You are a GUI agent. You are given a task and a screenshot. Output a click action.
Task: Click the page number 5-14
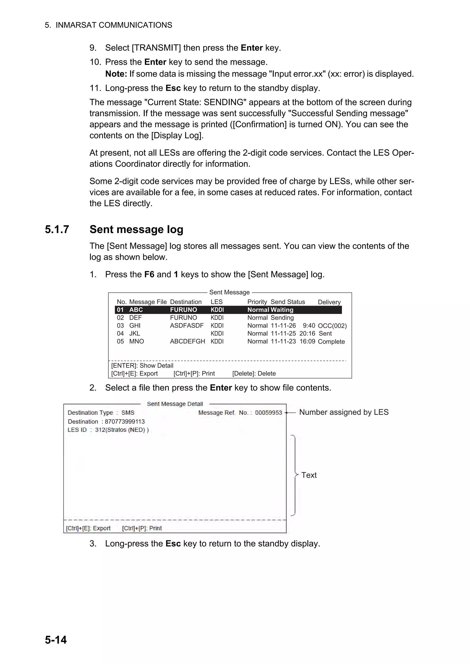[x=56, y=640]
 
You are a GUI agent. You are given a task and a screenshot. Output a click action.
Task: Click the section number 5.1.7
[x=57, y=229]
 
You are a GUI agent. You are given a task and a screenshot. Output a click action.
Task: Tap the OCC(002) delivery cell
[x=332, y=326]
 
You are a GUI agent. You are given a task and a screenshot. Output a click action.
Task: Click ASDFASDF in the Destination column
[x=187, y=326]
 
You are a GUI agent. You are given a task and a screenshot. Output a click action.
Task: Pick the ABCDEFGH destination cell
[x=187, y=341]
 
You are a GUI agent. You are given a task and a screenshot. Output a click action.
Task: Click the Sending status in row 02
[x=282, y=318]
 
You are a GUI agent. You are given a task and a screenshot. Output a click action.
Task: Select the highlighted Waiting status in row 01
[x=282, y=310]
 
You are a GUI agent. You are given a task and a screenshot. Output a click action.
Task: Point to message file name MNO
[x=136, y=341]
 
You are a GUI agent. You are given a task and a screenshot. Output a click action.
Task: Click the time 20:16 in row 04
[x=307, y=334]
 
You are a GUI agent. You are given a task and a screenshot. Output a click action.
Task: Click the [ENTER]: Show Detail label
[x=142, y=366]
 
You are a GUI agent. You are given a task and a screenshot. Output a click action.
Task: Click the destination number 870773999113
[x=125, y=422]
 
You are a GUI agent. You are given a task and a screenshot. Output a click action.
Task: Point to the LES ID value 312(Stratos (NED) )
[x=122, y=430]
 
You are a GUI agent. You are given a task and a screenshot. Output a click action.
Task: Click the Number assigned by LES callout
[x=344, y=412]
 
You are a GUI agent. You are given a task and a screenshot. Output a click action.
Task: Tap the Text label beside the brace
[x=309, y=475]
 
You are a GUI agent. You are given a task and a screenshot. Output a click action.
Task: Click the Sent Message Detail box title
[x=175, y=404]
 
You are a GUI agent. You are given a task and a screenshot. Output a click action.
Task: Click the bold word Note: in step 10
[x=116, y=74]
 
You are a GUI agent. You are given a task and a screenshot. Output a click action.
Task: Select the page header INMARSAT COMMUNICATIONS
[x=114, y=25]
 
